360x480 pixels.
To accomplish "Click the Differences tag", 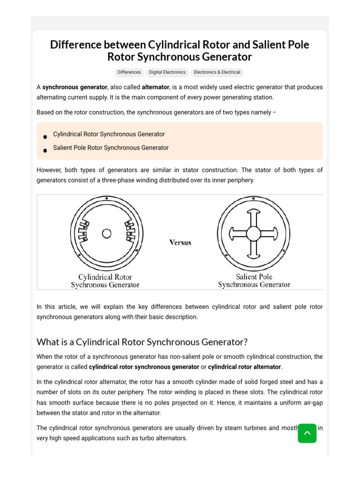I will point(129,72).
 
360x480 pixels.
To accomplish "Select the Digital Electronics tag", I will point(167,72).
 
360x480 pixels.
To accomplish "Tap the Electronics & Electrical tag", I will point(217,72).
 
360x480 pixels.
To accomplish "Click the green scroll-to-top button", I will point(307,433).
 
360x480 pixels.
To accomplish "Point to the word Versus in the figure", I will point(180,242).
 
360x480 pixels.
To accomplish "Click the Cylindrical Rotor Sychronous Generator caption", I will point(105,281).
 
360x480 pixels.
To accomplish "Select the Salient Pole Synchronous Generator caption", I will point(254,280).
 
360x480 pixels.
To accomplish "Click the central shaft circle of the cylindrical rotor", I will point(106,233).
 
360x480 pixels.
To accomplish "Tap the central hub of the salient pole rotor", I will point(254,233).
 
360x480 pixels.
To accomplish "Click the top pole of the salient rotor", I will point(254,216).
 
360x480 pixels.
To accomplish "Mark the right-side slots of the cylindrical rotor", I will point(130,231).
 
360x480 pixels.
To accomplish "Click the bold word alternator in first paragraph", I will point(156,87).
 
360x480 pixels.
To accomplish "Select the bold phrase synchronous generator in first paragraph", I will point(75,87).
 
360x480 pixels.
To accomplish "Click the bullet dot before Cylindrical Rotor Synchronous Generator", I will point(45,137).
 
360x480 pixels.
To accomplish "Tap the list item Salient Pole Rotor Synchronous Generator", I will point(111,148).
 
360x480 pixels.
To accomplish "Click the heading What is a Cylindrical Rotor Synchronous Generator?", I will point(142,342).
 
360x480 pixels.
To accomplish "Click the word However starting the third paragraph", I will point(49,170).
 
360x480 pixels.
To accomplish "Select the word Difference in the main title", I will point(76,45).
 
